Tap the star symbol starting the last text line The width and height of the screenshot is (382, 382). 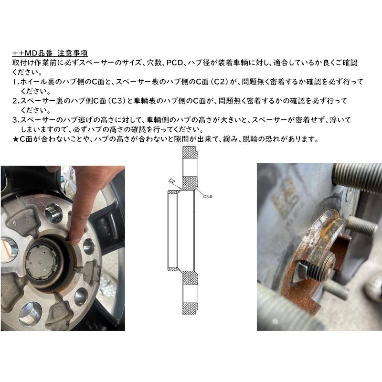[15, 139]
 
